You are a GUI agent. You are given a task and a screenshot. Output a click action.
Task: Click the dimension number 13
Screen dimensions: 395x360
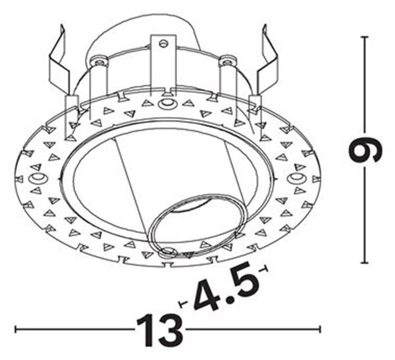[x=160, y=330]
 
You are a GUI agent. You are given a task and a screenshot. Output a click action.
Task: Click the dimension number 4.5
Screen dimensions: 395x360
[x=225, y=286]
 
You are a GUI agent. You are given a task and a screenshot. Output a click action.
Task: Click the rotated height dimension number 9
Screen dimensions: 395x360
[x=365, y=150]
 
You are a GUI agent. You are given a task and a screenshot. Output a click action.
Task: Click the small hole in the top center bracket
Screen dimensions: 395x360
[x=163, y=44]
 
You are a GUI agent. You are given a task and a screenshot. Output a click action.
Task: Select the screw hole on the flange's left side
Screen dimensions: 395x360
[x=38, y=178]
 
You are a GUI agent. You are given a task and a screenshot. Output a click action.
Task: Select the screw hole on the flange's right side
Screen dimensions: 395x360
[x=297, y=178]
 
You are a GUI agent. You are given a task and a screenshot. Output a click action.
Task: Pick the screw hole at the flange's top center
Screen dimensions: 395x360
[x=166, y=103]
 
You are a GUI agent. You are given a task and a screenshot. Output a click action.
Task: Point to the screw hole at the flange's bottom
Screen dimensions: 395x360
[x=167, y=251]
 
